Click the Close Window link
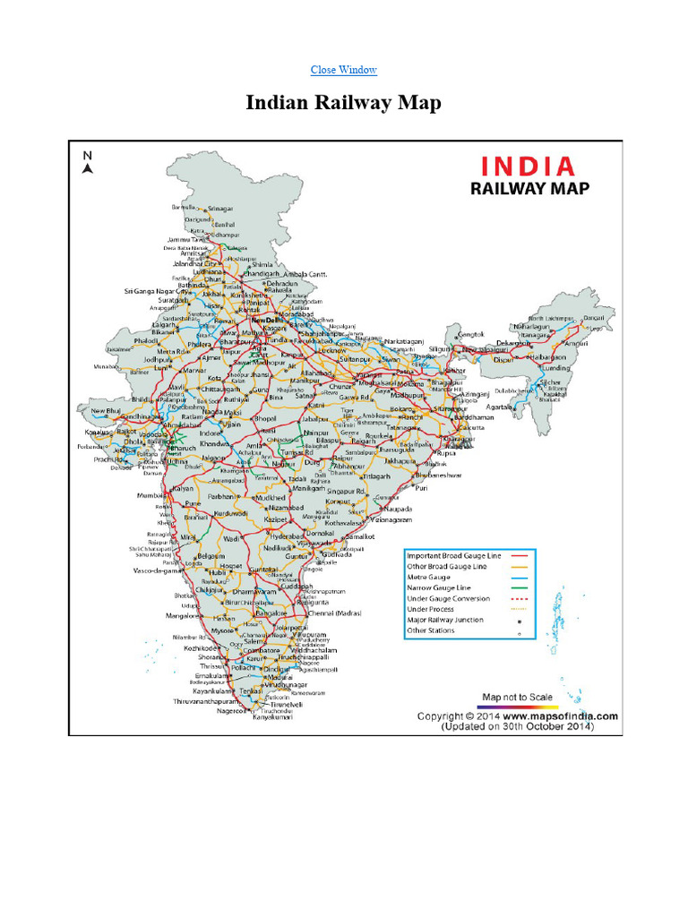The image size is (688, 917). pos(343,70)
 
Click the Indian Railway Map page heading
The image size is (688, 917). pos(343,103)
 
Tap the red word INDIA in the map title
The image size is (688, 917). pos(527,167)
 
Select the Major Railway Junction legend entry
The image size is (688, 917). pos(444,620)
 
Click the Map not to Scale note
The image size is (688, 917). pos(517,697)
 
